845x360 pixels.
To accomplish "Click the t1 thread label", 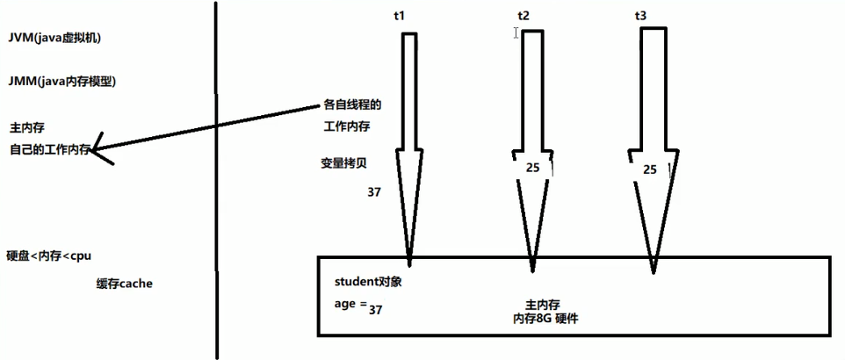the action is [x=403, y=17].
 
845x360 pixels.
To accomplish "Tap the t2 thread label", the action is [x=525, y=17].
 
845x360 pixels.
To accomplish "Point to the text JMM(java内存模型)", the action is [x=61, y=82].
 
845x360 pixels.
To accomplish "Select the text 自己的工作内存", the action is [x=51, y=149].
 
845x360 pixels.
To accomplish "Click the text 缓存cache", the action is [x=125, y=284].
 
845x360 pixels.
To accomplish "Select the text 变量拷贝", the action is [x=345, y=163].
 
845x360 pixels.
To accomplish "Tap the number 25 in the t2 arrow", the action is [x=532, y=168].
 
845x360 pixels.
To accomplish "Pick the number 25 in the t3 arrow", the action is [x=650, y=169].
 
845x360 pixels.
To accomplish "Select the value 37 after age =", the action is [x=376, y=310].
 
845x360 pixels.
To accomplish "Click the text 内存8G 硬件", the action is [x=545, y=320].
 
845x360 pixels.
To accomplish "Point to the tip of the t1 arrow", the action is [x=409, y=263].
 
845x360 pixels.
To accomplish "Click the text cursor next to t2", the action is [x=516, y=32].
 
